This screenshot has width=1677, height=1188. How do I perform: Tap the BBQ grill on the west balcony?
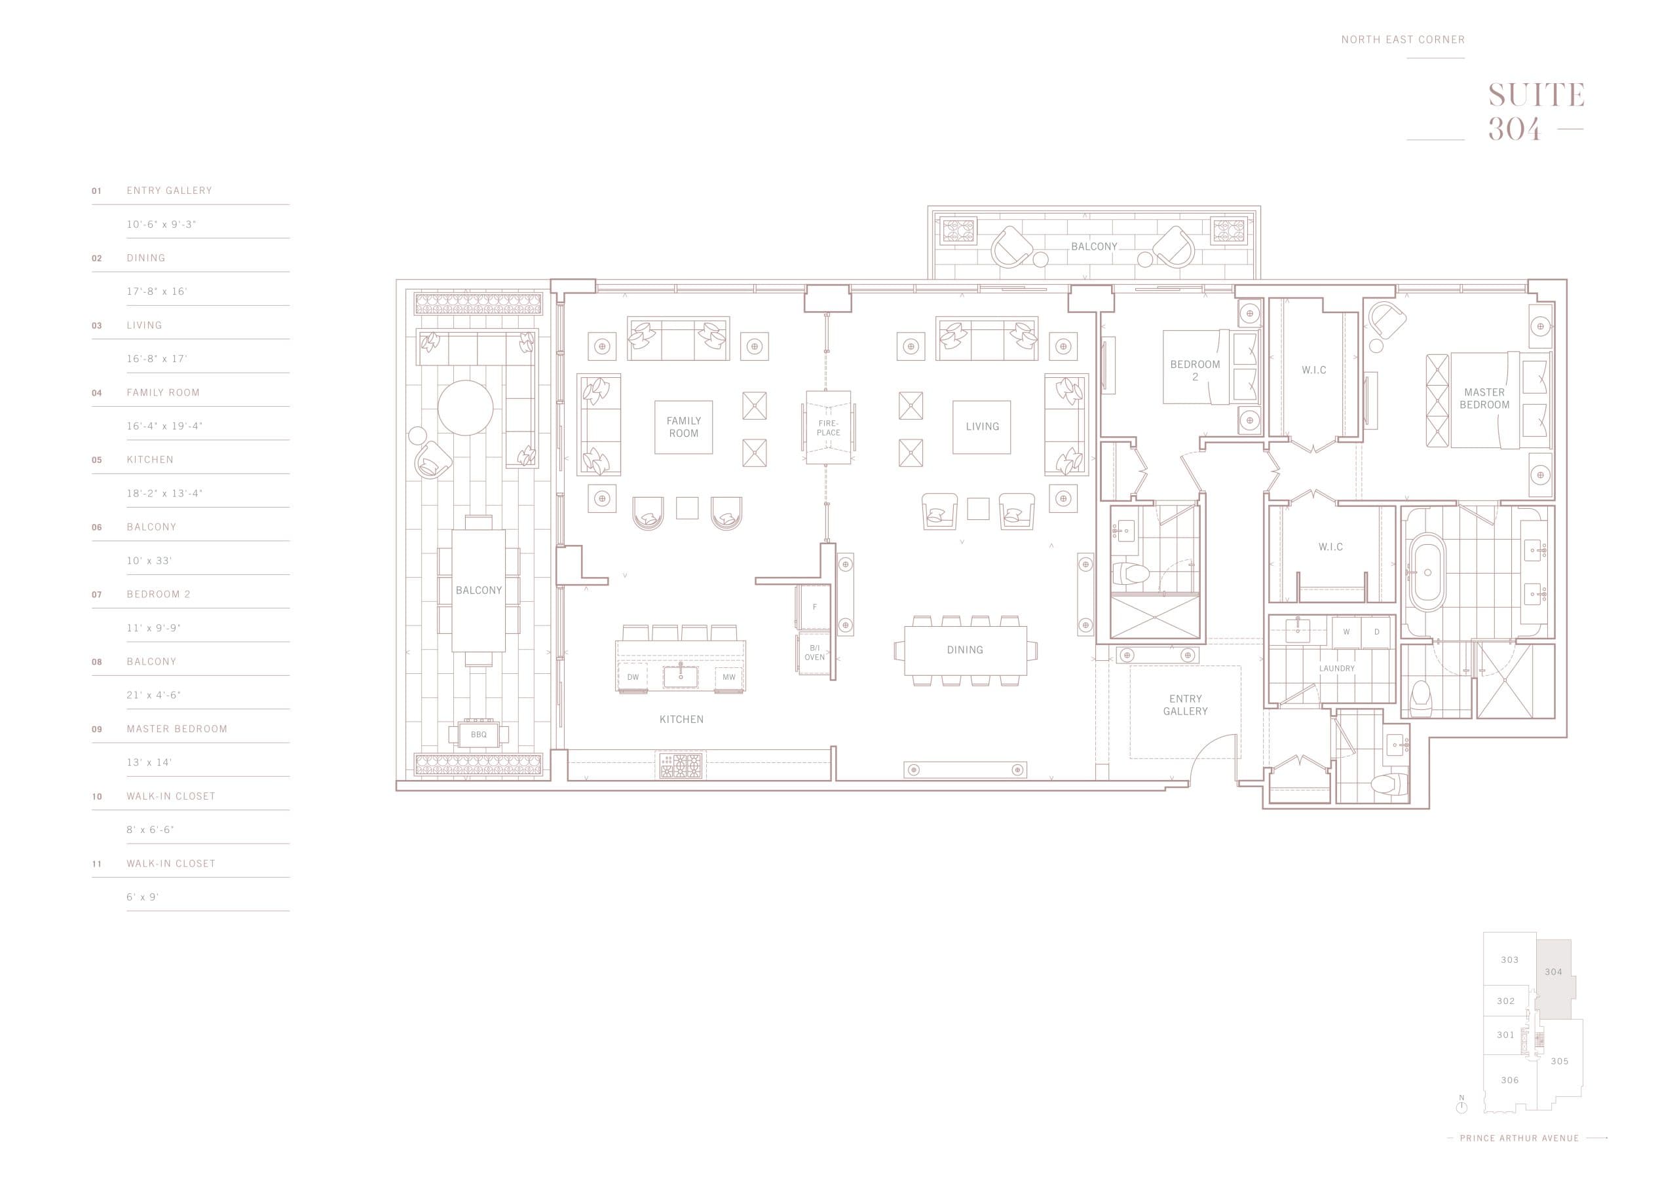[x=478, y=734]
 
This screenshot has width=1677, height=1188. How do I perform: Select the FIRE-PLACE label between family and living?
[x=828, y=427]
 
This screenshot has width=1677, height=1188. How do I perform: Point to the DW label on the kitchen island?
[x=633, y=677]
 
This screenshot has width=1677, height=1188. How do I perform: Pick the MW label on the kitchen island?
[x=728, y=677]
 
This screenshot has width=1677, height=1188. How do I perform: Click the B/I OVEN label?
[x=814, y=652]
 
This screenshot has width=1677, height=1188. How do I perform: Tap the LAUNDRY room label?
[x=1337, y=669]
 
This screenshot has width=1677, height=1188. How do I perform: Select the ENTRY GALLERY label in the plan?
[x=1185, y=705]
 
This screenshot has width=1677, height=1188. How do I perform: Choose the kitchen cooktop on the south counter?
[x=681, y=765]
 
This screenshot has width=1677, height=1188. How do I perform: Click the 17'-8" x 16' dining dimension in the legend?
[x=157, y=291]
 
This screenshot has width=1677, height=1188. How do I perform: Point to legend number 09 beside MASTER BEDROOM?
[x=96, y=730]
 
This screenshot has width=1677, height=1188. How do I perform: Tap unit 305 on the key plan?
[x=1559, y=1062]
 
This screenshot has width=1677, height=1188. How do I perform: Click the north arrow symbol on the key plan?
[x=1461, y=1128]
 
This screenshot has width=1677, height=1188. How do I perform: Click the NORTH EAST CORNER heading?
[x=1403, y=39]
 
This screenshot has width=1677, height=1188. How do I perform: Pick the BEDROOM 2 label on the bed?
[x=1195, y=370]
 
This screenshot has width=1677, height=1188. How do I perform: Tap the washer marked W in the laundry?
[x=1346, y=632]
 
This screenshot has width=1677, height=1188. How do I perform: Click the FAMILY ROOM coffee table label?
[x=683, y=426]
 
